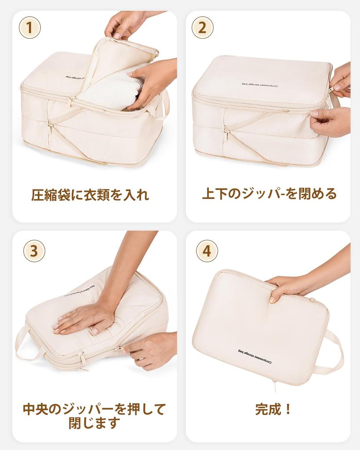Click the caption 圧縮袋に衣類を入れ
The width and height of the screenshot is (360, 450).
[x=90, y=194]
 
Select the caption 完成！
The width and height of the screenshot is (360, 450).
[x=273, y=409]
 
